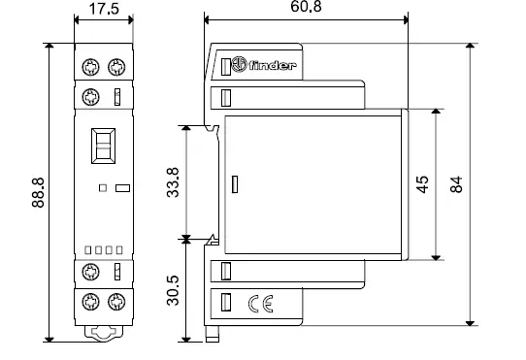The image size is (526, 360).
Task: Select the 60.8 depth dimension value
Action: pos(307,8)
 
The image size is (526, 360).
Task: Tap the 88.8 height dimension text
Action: pos(37,193)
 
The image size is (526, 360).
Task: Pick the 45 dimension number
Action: pos(422,185)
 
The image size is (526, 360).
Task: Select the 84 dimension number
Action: pos(456,184)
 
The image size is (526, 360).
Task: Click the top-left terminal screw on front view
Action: pos(92,66)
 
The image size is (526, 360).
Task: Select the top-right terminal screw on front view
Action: pos(116,66)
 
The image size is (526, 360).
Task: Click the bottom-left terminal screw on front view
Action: pos(92,301)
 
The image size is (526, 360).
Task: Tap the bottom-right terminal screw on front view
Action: pos(116,301)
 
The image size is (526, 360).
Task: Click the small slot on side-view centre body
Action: pos(234,183)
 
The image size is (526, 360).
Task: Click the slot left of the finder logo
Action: pos(228,67)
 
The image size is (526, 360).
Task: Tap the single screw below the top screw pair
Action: pos(92,96)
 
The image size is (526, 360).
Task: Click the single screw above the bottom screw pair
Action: pos(92,272)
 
